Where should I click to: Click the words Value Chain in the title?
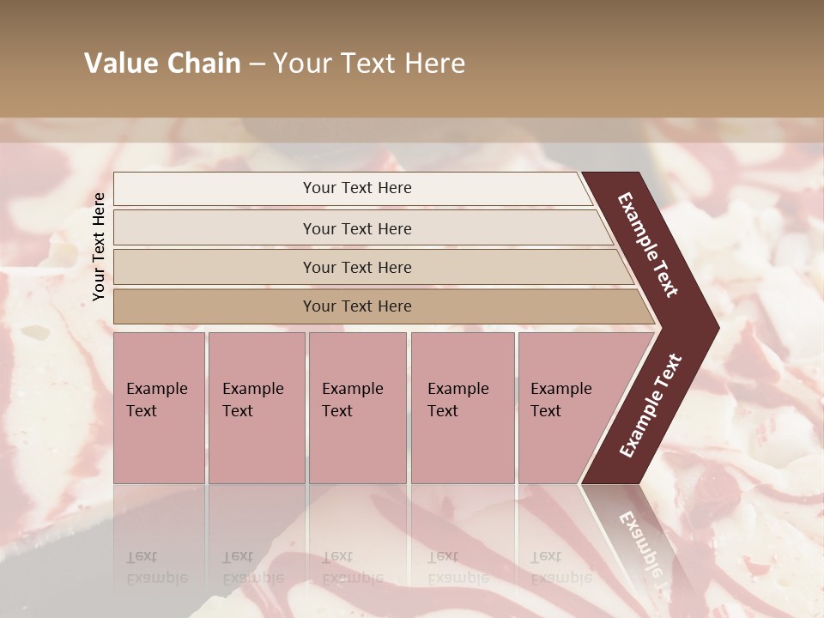point(162,64)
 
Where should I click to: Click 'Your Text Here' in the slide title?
point(369,64)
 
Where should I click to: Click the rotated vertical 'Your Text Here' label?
point(99,246)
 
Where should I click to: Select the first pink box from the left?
point(159,408)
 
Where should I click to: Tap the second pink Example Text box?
point(256,408)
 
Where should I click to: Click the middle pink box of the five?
point(357,408)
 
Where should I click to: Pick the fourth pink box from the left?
point(462,408)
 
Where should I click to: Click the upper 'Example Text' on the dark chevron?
point(648,245)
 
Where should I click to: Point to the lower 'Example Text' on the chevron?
point(651,405)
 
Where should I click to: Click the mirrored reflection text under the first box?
point(156,567)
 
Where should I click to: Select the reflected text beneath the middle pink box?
point(352,567)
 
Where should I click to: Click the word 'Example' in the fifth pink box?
point(560,389)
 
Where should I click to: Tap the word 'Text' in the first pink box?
point(142,411)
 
